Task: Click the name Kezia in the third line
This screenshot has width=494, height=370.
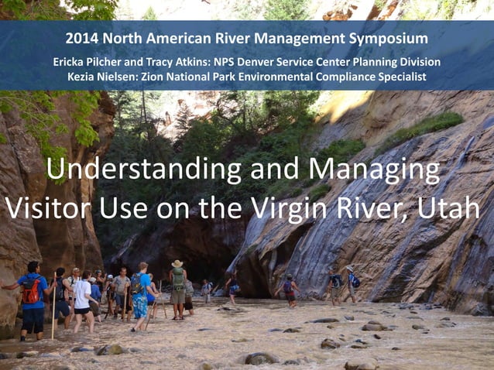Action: point(84,76)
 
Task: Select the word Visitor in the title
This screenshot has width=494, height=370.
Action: point(49,207)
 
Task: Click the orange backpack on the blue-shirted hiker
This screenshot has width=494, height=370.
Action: point(31,291)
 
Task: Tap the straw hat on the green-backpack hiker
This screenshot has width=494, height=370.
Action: point(177,264)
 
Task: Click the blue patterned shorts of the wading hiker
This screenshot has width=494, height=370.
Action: point(139,306)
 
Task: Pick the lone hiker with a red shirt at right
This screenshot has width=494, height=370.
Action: point(288,289)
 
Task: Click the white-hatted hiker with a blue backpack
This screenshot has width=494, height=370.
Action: point(353,282)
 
